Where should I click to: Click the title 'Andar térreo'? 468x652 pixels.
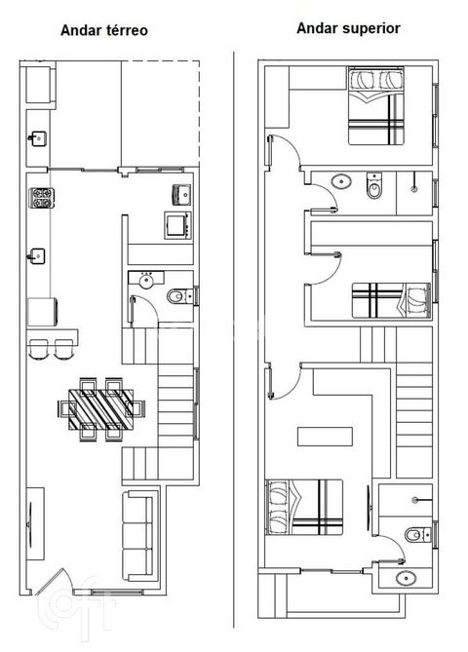click(x=104, y=31)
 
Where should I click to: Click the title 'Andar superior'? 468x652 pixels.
click(x=348, y=28)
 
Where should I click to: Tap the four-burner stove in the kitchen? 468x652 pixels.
click(x=42, y=198)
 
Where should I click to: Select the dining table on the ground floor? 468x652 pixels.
click(x=101, y=409)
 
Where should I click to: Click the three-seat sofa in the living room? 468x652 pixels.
click(x=138, y=536)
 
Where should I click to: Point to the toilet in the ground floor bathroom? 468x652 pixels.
click(x=179, y=296)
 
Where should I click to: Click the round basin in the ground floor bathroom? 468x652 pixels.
click(x=146, y=281)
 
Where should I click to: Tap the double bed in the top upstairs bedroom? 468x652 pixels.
click(x=376, y=106)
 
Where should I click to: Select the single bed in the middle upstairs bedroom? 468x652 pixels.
click(x=391, y=300)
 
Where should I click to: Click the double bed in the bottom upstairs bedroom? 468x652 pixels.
click(x=304, y=507)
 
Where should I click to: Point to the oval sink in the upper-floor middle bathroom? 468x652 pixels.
click(x=341, y=181)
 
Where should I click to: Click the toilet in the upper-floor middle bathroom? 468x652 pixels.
click(x=374, y=186)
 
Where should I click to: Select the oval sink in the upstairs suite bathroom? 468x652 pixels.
click(x=406, y=578)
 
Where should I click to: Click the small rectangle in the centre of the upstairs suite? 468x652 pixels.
click(x=325, y=437)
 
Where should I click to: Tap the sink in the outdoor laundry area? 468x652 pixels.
click(x=38, y=138)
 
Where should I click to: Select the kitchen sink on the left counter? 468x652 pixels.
click(x=36, y=256)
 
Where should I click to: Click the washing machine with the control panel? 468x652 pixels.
click(x=178, y=225)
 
